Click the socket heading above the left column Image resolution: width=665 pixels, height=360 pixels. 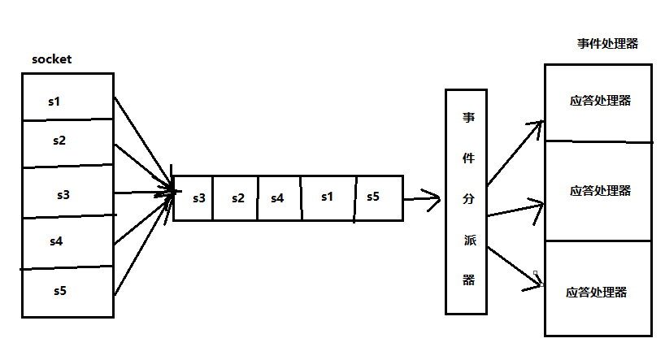[x=52, y=60]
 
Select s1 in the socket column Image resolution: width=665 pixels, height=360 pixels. [x=54, y=102]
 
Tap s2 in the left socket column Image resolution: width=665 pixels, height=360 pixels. [x=59, y=141]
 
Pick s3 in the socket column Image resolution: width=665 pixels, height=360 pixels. [x=63, y=195]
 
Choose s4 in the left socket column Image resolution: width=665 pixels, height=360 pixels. [x=56, y=241]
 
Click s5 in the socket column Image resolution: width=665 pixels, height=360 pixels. [x=59, y=290]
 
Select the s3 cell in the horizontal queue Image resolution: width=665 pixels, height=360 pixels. [x=199, y=197]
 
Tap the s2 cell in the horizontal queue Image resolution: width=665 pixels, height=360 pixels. [x=237, y=197]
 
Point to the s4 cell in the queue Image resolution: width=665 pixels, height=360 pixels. [x=277, y=197]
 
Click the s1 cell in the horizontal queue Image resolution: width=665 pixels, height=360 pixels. [x=327, y=197]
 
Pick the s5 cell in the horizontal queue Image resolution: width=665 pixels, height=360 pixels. [x=373, y=197]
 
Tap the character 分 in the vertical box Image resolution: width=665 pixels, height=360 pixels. [x=468, y=197]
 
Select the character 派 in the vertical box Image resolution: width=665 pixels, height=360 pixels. [x=468, y=239]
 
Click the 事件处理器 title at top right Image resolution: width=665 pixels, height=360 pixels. [x=607, y=44]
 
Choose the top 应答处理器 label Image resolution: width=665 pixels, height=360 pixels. [x=600, y=101]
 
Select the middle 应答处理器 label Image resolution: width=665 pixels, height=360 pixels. [x=600, y=190]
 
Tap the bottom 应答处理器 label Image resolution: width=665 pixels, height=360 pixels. [x=597, y=293]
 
